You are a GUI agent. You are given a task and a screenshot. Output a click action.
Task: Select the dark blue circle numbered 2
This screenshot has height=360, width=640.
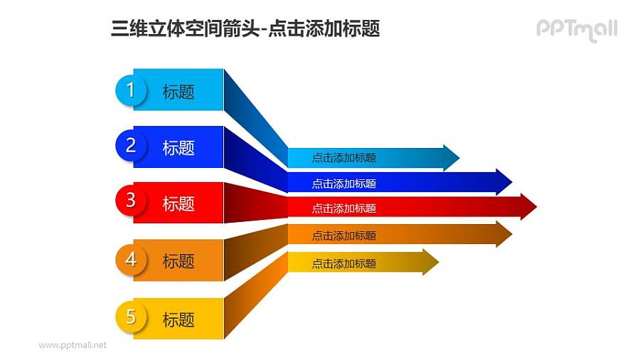click(x=130, y=146)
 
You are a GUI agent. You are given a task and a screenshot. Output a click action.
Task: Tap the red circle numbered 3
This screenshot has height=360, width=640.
click(x=130, y=201)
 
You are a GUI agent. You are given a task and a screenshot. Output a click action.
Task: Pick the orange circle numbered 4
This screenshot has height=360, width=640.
click(x=130, y=260)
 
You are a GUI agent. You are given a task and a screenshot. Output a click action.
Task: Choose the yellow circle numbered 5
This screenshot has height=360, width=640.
click(x=130, y=317)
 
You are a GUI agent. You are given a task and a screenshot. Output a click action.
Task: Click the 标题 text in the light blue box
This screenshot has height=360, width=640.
click(x=178, y=92)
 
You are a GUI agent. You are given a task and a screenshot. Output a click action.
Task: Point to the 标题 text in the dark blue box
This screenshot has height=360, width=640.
click(x=178, y=148)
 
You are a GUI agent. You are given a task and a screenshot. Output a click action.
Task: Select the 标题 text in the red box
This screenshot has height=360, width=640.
click(x=178, y=204)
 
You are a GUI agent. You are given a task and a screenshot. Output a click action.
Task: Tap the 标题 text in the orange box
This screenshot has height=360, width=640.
click(x=178, y=262)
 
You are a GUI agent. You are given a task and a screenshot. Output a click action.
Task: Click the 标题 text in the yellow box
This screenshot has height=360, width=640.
click(x=178, y=320)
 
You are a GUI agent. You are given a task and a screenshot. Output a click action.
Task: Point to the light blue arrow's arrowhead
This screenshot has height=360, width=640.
click(x=451, y=157)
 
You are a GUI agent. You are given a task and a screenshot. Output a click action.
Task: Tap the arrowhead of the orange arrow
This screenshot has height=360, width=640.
click(x=503, y=234)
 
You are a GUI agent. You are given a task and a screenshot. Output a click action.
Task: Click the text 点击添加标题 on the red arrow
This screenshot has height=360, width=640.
click(x=343, y=208)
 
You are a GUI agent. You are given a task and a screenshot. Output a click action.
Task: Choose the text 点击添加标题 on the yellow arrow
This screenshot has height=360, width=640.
click(x=343, y=264)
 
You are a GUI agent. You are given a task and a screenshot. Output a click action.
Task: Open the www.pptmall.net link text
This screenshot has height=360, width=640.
click(x=73, y=345)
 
